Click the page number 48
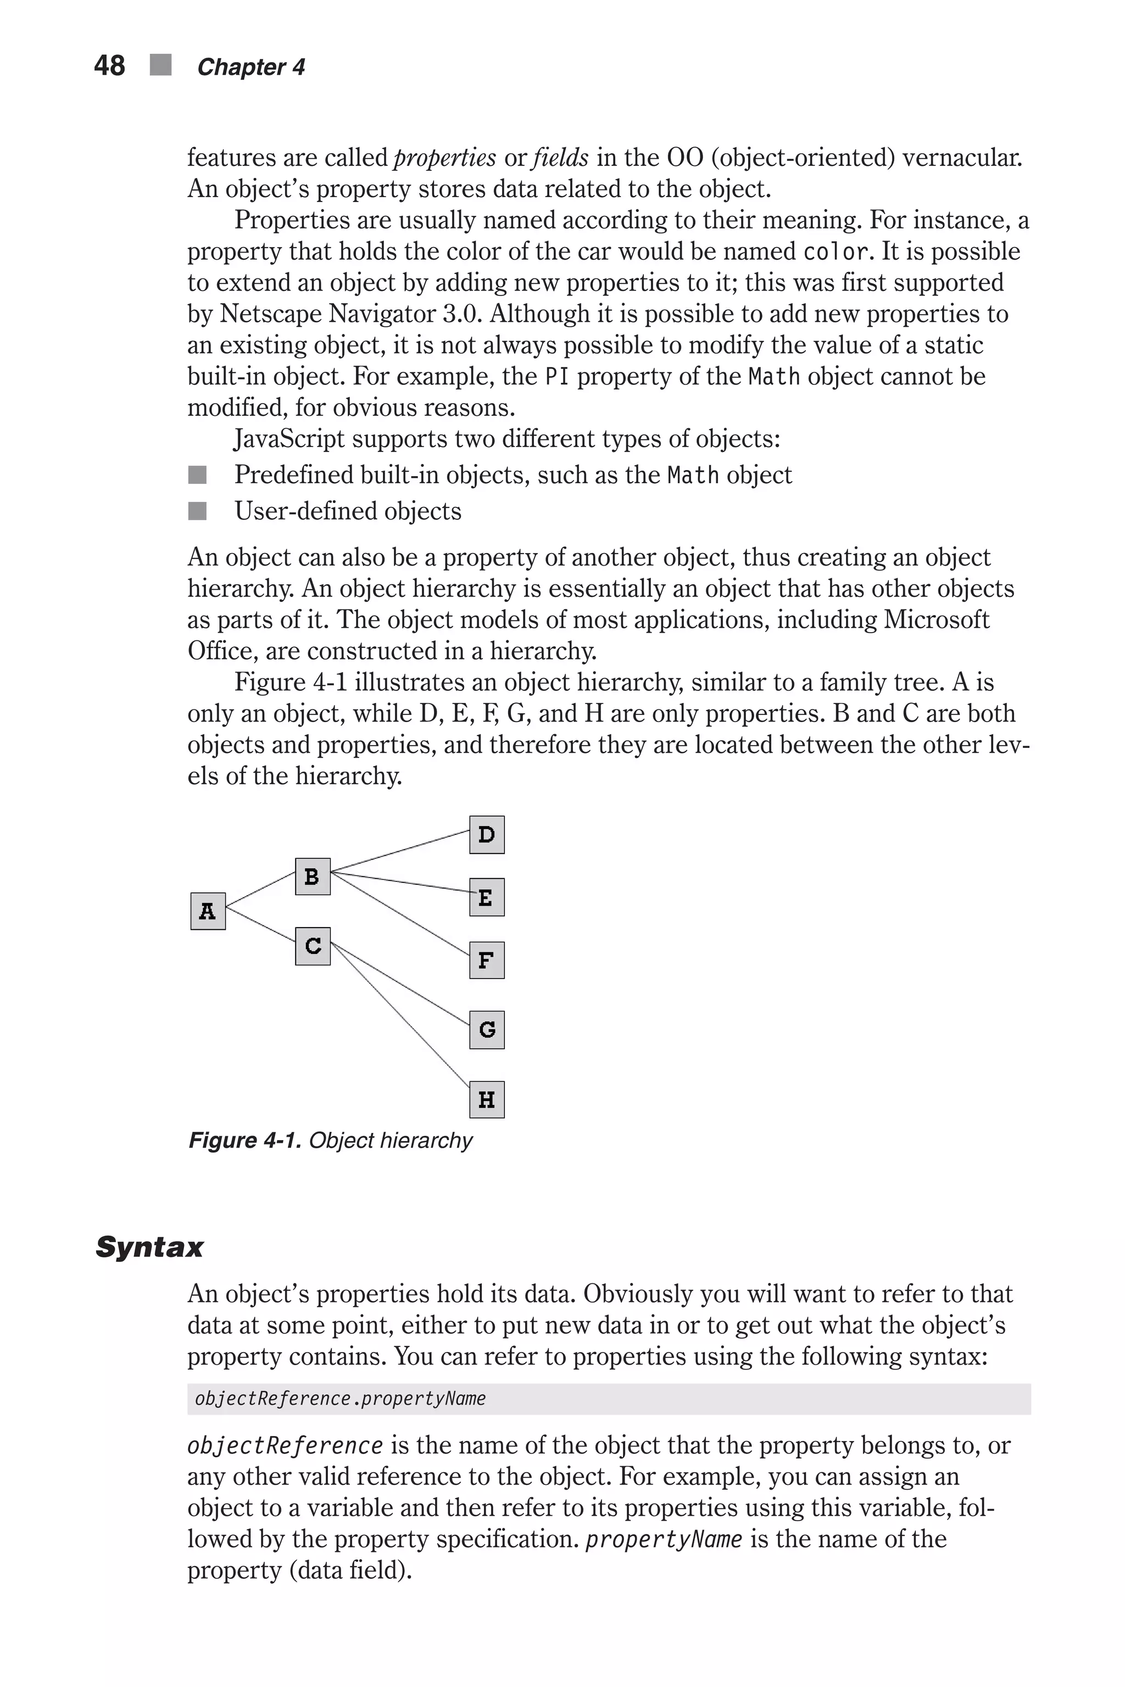109,66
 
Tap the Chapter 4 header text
250,68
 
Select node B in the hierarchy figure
313,876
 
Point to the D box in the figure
487,835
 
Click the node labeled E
487,897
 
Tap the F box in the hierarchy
487,960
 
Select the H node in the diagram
487,1099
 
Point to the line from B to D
400,851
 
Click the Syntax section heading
149,1247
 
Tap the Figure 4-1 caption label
244,1141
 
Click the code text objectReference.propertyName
340,1399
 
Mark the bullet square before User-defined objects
197,511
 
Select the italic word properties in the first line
445,157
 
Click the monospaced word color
836,252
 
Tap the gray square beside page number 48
161,65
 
